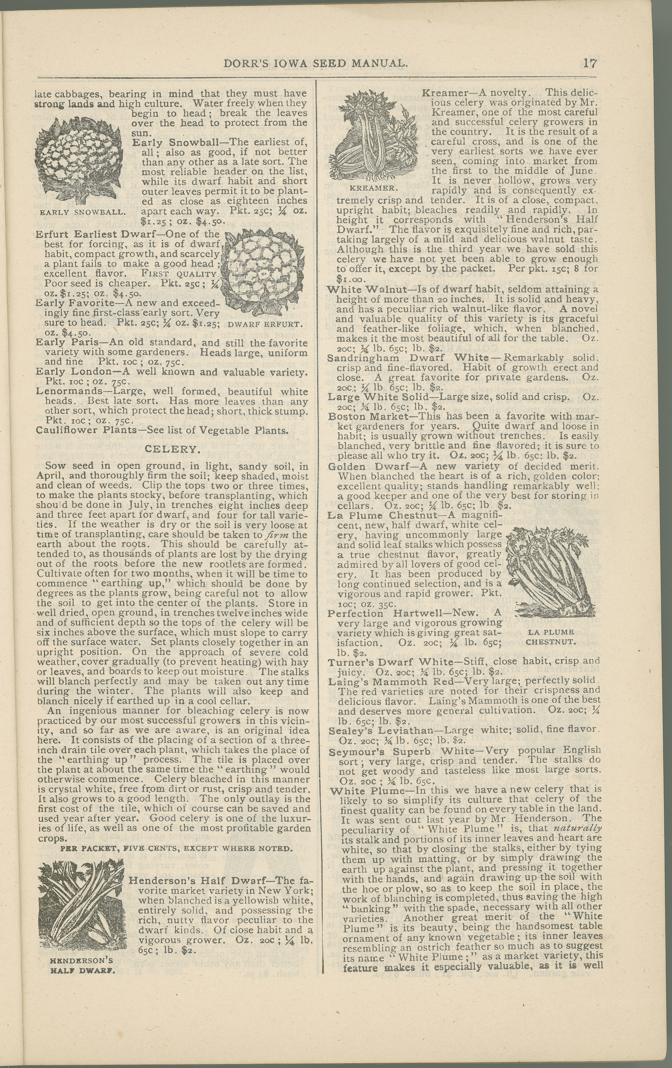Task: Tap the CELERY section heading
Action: click(x=173, y=449)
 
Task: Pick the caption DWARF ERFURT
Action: click(x=265, y=324)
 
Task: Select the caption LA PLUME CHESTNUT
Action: click(x=551, y=636)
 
